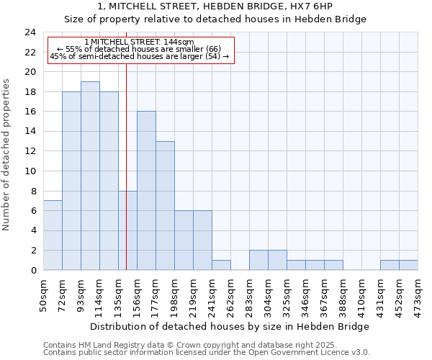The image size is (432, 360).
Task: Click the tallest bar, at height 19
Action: (x=90, y=176)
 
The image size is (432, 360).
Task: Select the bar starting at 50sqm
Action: (x=53, y=235)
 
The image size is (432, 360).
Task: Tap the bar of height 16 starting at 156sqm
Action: (x=146, y=191)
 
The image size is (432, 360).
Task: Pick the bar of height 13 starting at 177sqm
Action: (x=165, y=206)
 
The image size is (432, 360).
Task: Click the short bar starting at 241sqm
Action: (x=221, y=265)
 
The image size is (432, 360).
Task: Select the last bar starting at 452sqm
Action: (x=408, y=265)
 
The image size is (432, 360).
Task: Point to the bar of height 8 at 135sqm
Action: (x=127, y=230)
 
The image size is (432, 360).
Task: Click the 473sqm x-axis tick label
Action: (x=418, y=296)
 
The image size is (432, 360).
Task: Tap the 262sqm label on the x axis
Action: (x=231, y=296)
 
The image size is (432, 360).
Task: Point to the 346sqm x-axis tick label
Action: (x=306, y=296)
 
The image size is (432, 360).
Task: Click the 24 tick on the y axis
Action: (x=30, y=32)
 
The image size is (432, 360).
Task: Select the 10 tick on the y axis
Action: (x=30, y=171)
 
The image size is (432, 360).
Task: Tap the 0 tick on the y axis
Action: (x=32, y=271)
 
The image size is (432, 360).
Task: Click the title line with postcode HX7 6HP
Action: (x=215, y=6)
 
